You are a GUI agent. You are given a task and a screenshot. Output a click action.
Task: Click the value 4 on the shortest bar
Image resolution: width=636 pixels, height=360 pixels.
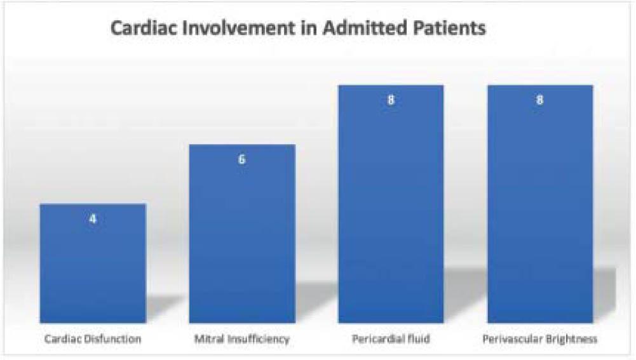pos(93,219)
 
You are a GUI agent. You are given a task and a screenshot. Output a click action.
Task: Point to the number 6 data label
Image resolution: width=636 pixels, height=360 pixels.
pos(242,159)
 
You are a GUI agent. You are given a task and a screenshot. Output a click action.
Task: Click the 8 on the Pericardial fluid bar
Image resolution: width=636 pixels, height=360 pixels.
pos(391,100)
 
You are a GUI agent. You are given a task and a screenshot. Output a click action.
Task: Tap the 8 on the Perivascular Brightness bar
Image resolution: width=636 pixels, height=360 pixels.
pos(540,100)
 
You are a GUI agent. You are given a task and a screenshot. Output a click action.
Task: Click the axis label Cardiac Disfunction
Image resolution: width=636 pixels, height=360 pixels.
pos(93,339)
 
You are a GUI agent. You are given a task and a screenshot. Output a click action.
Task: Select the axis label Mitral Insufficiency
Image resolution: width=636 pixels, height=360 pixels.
pos(241,339)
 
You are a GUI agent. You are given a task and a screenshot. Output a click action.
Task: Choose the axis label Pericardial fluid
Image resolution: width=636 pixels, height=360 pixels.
pos(391,339)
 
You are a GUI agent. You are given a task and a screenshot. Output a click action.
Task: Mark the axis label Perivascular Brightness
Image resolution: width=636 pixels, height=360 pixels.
pos(541,339)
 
